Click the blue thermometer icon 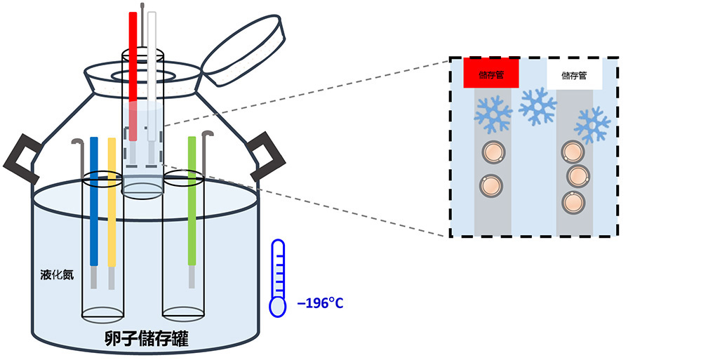point(278,277)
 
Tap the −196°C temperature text point(320,304)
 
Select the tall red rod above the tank point(133,63)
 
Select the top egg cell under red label point(491,153)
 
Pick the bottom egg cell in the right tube point(574,203)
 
